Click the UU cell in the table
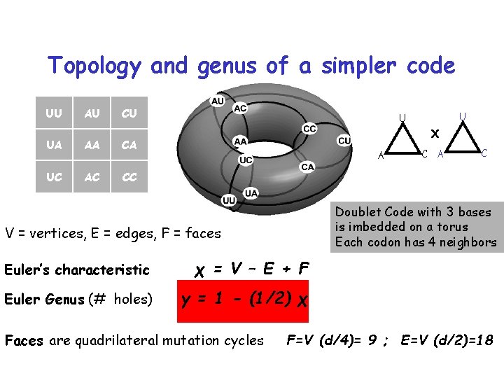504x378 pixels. [53, 113]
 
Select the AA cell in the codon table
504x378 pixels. [91, 145]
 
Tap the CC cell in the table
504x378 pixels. [129, 177]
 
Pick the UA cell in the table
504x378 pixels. [53, 145]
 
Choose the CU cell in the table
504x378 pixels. [129, 113]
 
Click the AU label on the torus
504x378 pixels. [218, 101]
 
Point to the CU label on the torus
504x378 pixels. [344, 141]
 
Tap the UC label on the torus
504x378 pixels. [246, 160]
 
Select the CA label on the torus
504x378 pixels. [307, 167]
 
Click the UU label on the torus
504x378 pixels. [229, 200]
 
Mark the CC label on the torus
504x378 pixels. [309, 129]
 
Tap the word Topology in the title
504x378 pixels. [95, 66]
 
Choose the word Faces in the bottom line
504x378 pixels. [24, 341]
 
